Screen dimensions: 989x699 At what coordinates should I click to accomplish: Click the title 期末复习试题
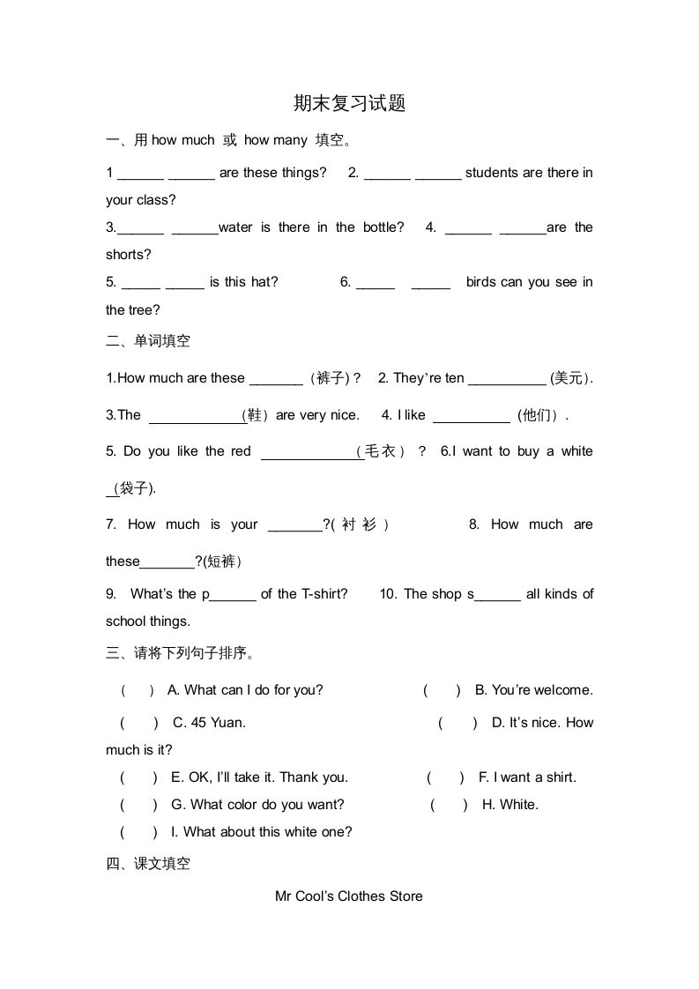[x=349, y=103]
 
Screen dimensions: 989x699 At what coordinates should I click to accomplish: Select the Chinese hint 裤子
[x=332, y=378]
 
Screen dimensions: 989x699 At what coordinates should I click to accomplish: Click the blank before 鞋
[x=196, y=415]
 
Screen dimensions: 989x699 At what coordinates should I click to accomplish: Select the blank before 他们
[x=472, y=415]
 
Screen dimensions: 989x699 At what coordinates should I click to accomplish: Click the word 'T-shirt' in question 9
[x=324, y=594]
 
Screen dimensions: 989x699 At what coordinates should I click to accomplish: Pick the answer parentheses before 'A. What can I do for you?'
[x=138, y=690]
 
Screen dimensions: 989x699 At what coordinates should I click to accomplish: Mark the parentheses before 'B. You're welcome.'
[x=442, y=690]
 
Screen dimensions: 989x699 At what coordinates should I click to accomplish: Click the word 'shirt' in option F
[x=561, y=777]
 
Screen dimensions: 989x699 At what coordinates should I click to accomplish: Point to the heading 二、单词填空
[x=148, y=340]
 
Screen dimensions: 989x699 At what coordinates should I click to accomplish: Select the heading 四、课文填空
[x=148, y=864]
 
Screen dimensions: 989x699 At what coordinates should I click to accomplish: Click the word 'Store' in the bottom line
[x=405, y=896]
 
